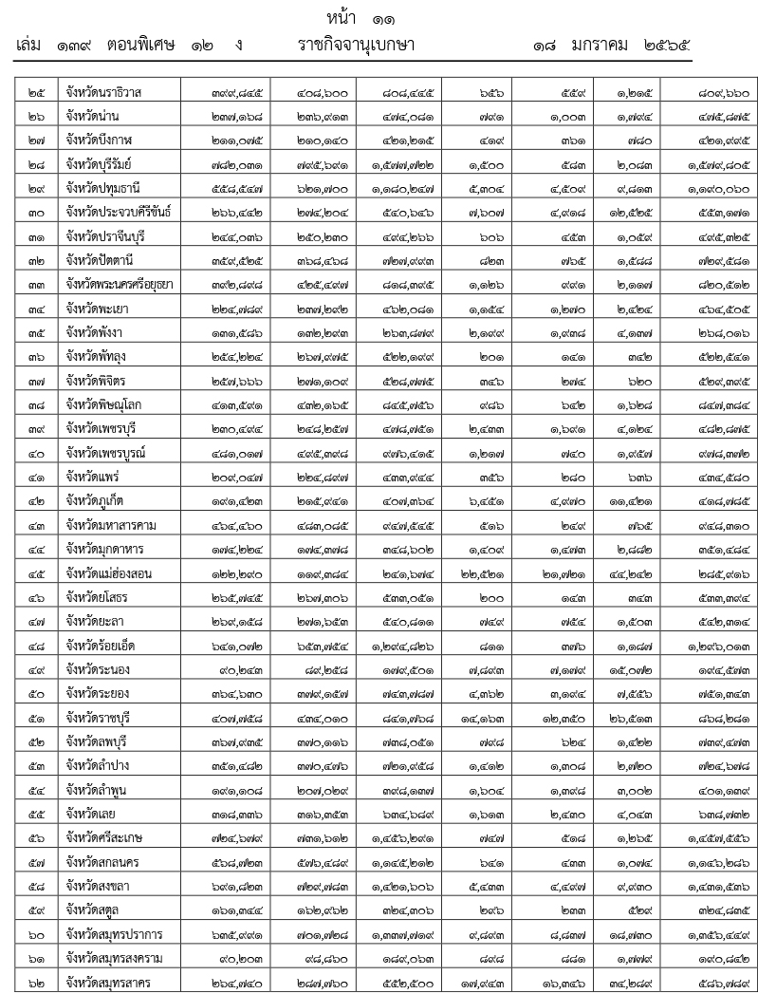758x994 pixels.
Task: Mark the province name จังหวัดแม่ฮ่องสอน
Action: (109, 573)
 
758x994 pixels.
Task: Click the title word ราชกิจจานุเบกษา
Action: (356, 46)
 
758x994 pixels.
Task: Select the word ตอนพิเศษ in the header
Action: (141, 46)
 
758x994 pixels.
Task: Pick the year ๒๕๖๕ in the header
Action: (666, 46)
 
